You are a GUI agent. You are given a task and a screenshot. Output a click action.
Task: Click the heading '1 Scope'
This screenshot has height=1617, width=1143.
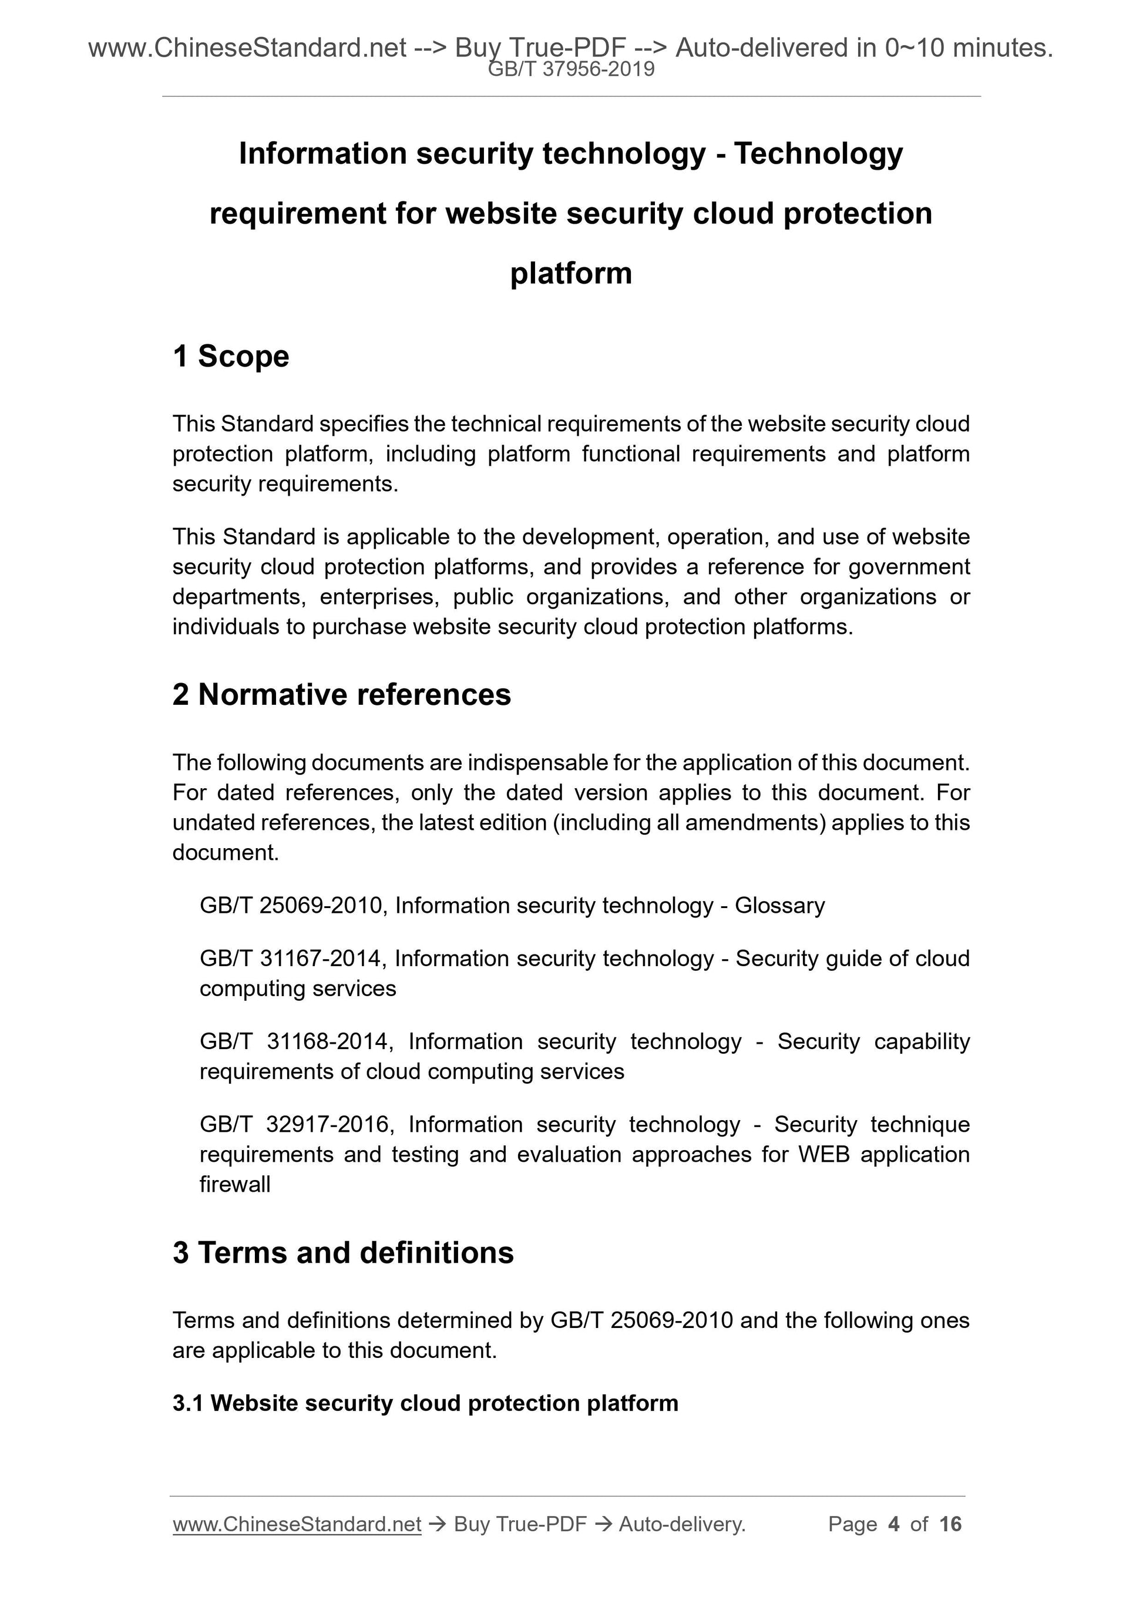[x=230, y=357]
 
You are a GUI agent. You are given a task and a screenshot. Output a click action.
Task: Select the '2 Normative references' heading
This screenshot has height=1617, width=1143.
[x=342, y=695]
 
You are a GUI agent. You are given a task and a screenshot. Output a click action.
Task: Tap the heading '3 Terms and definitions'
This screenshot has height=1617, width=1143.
[x=343, y=1253]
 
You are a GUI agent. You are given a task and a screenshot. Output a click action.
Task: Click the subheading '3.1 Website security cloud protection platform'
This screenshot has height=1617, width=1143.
[x=425, y=1404]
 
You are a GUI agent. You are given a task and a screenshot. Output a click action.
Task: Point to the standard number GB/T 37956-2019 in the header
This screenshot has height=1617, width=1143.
[x=571, y=70]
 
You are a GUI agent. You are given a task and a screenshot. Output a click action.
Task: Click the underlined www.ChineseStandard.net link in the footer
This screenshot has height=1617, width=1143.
[x=297, y=1524]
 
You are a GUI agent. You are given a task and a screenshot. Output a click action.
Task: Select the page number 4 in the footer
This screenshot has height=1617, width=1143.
[x=894, y=1524]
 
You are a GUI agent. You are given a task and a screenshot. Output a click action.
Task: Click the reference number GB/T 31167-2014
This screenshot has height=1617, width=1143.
[x=291, y=959]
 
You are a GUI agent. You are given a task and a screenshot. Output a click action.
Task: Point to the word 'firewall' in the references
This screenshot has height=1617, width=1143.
[x=234, y=1185]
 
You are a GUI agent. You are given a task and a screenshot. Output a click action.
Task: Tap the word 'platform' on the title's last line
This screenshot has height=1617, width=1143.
[x=571, y=274]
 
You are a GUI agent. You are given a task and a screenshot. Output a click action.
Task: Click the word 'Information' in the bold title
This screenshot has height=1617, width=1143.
[x=322, y=153]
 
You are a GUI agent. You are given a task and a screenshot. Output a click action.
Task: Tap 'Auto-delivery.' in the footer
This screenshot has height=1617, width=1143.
[x=682, y=1524]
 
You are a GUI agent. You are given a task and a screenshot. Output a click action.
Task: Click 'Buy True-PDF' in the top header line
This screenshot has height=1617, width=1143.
[x=540, y=48]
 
